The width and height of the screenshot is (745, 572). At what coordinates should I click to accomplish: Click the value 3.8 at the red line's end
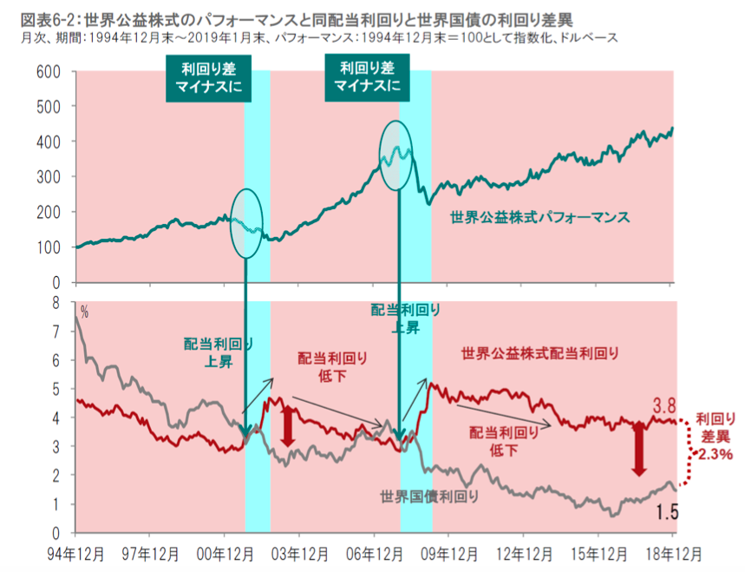coord(663,405)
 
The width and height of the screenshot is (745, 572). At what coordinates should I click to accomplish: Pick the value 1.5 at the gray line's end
coord(667,512)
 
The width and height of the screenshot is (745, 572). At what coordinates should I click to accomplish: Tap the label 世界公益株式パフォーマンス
coord(539,216)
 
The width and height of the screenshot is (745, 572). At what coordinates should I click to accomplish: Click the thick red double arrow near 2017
coord(639,449)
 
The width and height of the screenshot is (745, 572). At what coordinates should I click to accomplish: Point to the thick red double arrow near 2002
coord(288,424)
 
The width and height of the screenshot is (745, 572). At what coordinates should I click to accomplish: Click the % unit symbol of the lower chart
coord(84,310)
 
